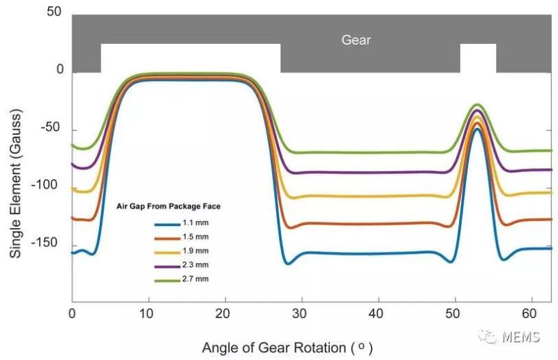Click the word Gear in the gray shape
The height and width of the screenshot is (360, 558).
point(356,40)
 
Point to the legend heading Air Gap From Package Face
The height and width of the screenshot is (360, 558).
point(173,207)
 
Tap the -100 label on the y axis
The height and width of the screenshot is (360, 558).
point(50,186)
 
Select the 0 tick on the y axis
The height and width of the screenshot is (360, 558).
point(60,70)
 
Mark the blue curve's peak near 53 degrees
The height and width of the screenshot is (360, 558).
point(476,129)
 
